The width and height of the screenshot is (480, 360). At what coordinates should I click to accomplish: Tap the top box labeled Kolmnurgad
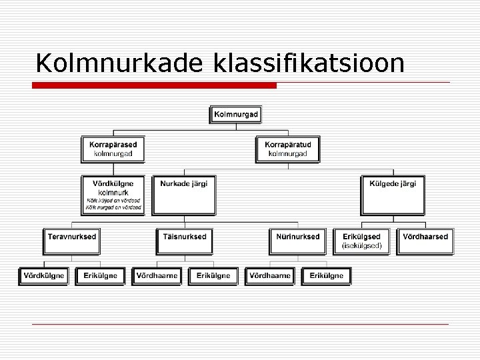[x=236, y=115]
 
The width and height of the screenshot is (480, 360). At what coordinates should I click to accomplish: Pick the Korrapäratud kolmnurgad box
[x=287, y=149]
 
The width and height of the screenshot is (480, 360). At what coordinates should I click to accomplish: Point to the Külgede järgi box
[x=393, y=195]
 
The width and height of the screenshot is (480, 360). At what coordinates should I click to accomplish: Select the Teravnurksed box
[x=71, y=241]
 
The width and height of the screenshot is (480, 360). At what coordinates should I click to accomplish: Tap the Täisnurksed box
[x=185, y=241]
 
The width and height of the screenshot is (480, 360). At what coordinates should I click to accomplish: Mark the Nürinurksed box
[x=298, y=241]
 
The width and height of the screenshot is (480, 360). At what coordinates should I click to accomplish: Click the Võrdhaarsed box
[x=425, y=241]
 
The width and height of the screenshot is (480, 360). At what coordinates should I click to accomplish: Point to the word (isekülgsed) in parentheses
[x=361, y=245]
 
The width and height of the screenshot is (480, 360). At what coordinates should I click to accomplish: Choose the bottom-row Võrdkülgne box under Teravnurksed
[x=43, y=275]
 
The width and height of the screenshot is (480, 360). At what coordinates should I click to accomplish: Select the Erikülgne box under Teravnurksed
[x=101, y=275]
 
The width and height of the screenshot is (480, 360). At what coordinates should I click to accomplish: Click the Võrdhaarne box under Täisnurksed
[x=156, y=275]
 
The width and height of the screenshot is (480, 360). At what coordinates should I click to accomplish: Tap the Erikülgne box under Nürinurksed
[x=327, y=275]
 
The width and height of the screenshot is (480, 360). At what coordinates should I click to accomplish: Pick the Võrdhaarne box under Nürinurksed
[x=269, y=275]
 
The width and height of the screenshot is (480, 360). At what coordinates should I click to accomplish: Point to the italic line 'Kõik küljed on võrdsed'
[x=113, y=201]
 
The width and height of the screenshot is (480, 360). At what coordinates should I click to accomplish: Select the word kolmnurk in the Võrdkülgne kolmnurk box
[x=113, y=192]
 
